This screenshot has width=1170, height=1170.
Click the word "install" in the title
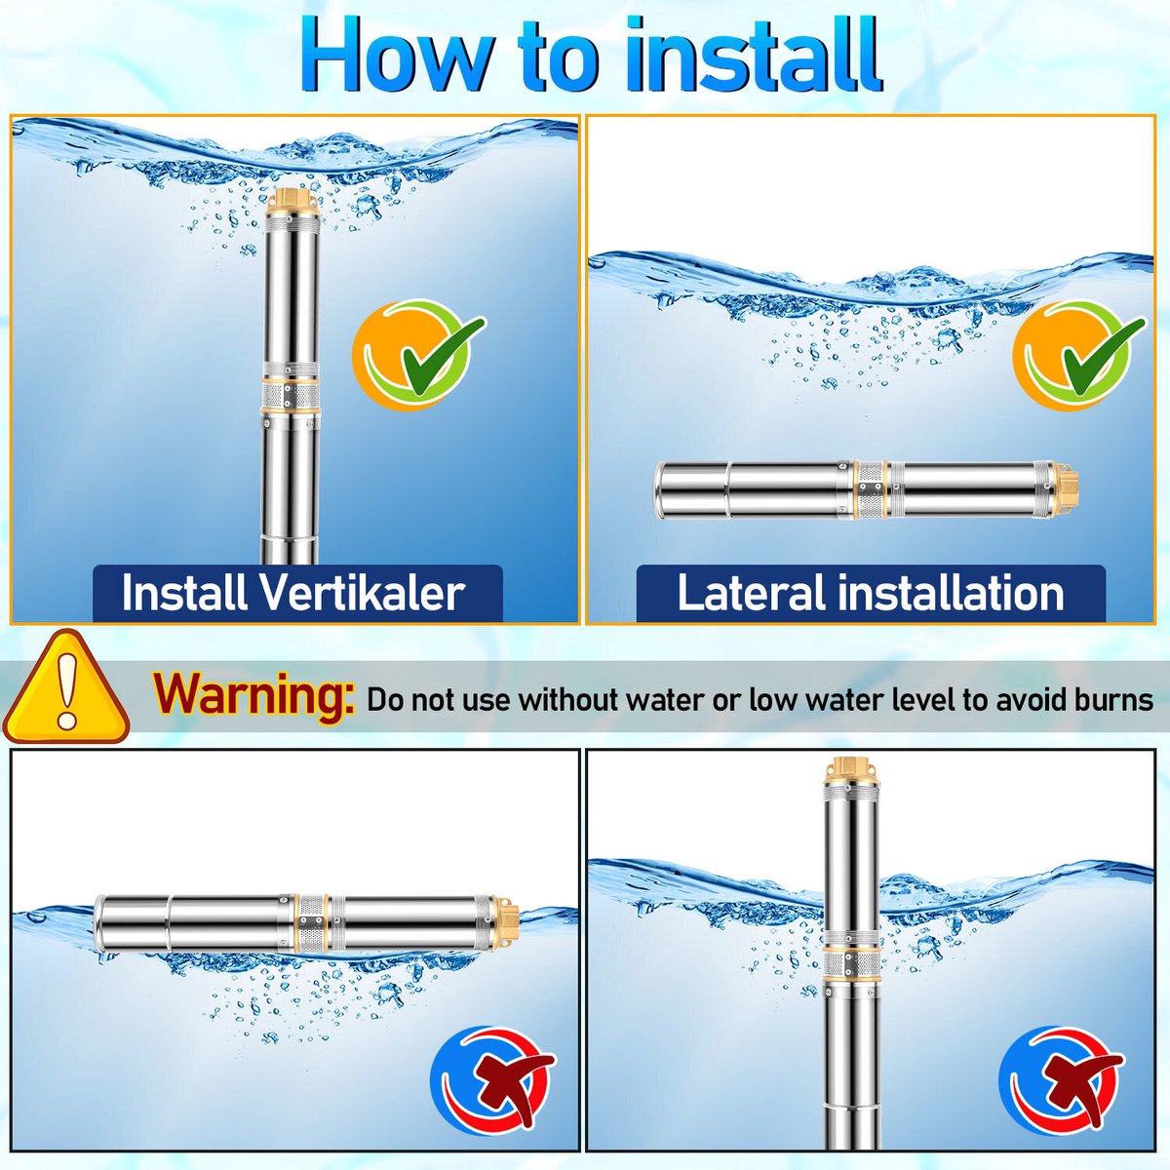click(755, 55)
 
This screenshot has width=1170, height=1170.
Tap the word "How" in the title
click(395, 56)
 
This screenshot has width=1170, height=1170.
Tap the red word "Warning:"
click(253, 694)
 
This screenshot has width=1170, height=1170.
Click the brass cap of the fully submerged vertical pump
click(292, 205)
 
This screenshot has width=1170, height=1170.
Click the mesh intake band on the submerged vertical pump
click(292, 396)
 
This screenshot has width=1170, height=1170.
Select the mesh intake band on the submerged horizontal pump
click(870, 490)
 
